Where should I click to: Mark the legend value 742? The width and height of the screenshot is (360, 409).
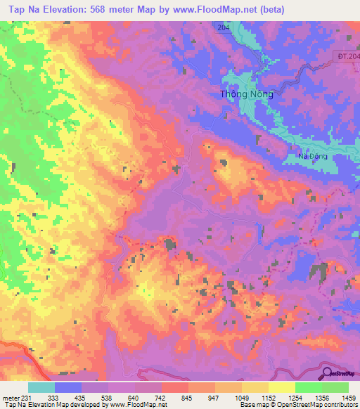tap(161, 397)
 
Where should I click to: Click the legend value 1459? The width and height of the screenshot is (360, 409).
tap(349, 397)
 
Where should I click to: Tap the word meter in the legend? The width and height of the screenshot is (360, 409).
tap(9, 397)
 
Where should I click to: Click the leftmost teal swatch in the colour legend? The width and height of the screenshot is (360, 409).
tap(41, 387)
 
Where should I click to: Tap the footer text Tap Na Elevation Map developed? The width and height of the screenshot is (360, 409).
tap(49, 405)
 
